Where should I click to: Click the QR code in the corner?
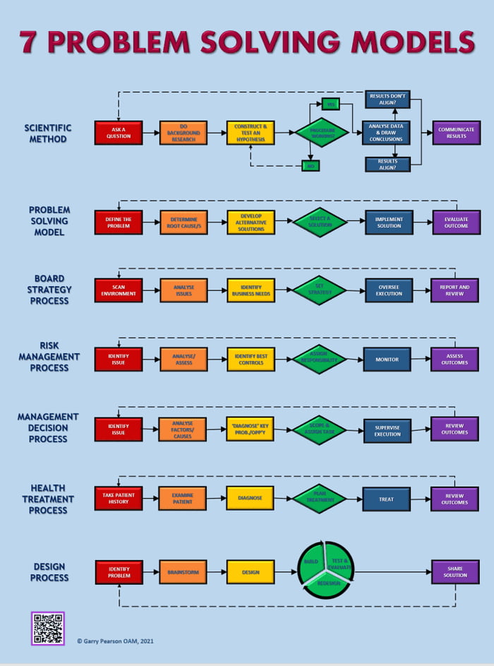tap(48, 628)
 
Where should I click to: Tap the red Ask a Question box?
tap(118, 133)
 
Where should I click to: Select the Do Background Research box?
tap(183, 133)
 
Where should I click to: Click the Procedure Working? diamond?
tap(321, 133)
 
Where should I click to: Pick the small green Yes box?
tap(330, 104)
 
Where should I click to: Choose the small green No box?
tap(311, 166)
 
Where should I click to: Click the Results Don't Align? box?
tap(387, 99)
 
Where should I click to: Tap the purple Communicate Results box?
tap(456, 133)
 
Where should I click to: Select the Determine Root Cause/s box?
tap(183, 222)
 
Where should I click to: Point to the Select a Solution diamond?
tap(320, 222)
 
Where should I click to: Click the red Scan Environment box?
tap(118, 290)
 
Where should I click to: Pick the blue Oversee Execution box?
tap(388, 290)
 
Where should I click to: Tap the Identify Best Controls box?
tap(251, 359)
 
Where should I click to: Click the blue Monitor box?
tap(387, 359)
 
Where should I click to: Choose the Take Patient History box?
tap(118, 498)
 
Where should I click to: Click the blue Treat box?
tap(386, 499)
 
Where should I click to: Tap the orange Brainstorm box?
tap(183, 572)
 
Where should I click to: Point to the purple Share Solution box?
tap(455, 572)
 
